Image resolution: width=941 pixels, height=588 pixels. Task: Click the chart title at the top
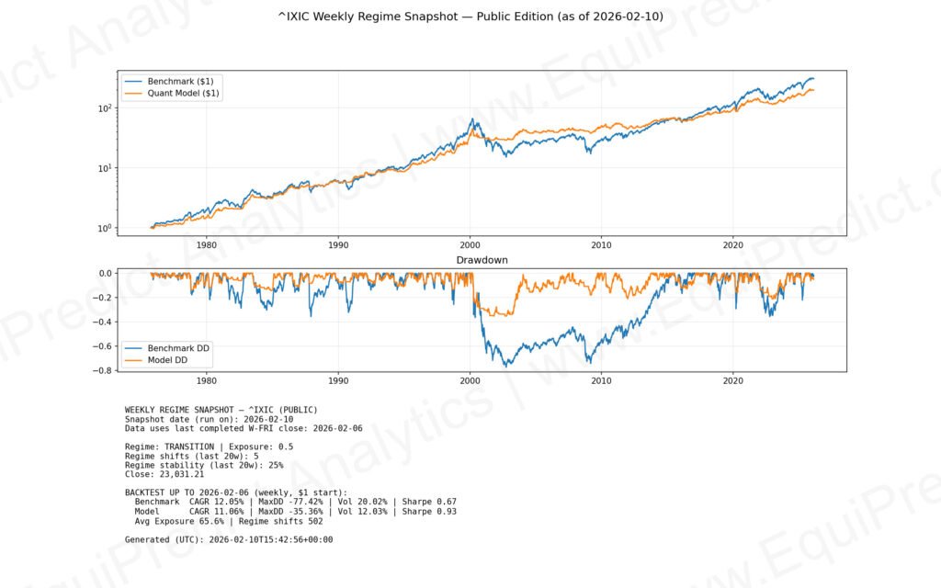pyautogui.click(x=470, y=17)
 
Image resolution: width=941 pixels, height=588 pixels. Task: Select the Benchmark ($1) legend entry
pyautogui.click(x=174, y=81)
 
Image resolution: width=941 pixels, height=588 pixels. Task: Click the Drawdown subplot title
pyautogui.click(x=482, y=260)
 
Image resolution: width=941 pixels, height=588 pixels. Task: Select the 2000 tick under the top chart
pyautogui.click(x=470, y=245)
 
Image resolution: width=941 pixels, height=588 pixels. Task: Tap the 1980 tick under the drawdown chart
pyautogui.click(x=207, y=379)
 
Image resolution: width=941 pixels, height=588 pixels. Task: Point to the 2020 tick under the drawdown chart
pyautogui.click(x=733, y=379)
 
